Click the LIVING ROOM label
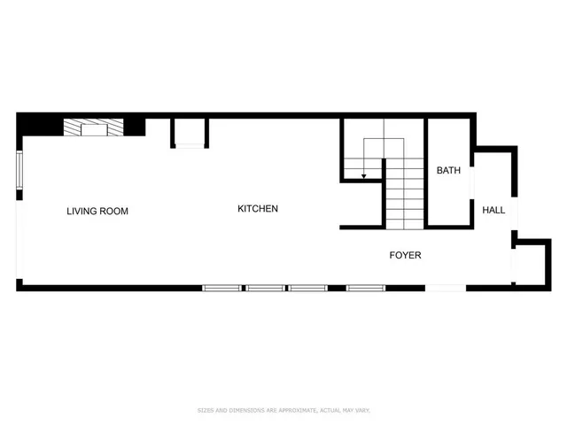tap(97, 212)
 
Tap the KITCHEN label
tap(258, 209)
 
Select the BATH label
tap(447, 170)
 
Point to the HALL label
tap(493, 211)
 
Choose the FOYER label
tap(405, 255)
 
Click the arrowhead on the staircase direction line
tap(363, 177)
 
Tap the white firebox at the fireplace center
tap(93, 129)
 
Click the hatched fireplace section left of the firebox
tap(71, 129)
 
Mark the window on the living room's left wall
tap(19, 170)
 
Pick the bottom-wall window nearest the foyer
tap(365, 287)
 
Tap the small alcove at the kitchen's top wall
tap(190, 132)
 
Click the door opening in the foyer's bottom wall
tap(445, 287)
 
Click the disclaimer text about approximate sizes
tap(283, 410)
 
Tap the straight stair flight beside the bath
tap(405, 195)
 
